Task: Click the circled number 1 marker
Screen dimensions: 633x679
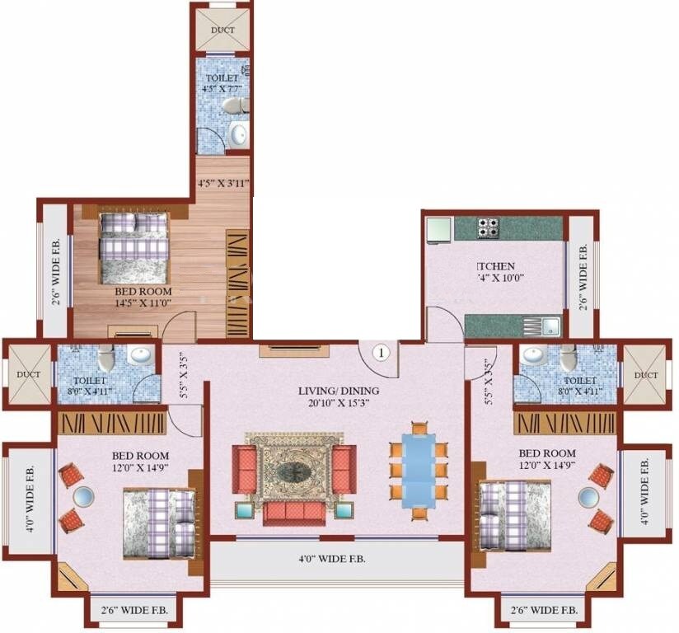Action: (x=380, y=353)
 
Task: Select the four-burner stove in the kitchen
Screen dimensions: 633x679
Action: (x=488, y=227)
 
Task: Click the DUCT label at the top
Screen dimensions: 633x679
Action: (x=222, y=30)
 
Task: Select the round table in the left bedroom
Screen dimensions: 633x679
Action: (x=84, y=496)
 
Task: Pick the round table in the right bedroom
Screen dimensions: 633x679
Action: (x=588, y=496)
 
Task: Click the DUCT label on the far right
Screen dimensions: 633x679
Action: (x=646, y=375)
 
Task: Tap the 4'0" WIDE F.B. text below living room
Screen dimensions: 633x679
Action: (x=332, y=559)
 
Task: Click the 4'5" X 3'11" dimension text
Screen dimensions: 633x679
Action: (x=222, y=182)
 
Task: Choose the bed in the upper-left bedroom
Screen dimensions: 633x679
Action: (x=134, y=246)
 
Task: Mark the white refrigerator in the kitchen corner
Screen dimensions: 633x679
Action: (x=438, y=228)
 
